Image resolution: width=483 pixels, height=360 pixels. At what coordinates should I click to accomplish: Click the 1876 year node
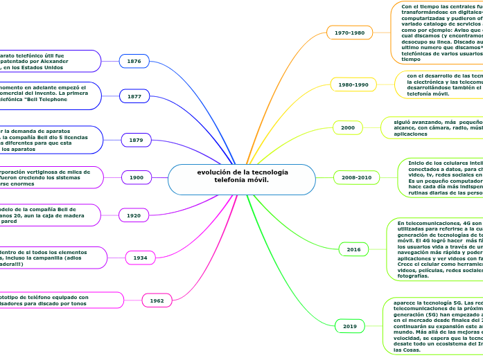[134, 62]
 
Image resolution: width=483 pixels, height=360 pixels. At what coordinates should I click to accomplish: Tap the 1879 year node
[136, 141]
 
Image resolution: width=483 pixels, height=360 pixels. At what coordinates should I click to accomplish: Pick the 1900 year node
[137, 178]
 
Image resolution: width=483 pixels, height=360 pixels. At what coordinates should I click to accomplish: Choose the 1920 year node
[134, 216]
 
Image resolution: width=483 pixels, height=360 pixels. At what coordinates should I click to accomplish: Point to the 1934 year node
[141, 258]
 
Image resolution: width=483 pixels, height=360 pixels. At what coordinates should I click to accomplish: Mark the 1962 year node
[157, 300]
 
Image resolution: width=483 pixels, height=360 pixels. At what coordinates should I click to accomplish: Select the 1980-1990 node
[353, 84]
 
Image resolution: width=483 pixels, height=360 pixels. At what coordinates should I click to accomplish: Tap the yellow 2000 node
[348, 128]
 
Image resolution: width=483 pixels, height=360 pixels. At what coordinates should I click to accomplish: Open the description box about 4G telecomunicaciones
[437, 240]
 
